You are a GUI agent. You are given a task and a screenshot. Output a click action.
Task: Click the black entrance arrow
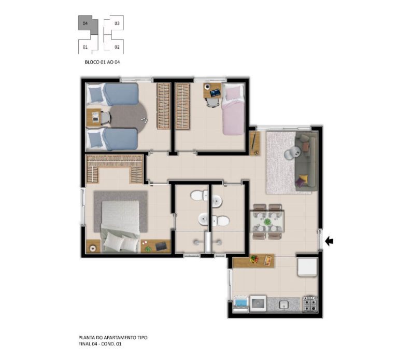click(x=329, y=241)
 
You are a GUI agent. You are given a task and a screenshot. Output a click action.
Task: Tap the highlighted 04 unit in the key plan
click(x=87, y=24)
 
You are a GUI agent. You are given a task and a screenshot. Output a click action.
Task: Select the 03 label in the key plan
click(x=117, y=23)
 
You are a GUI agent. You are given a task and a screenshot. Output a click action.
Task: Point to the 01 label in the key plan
click(x=85, y=47)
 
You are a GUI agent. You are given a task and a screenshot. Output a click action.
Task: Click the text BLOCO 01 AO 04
click(x=102, y=62)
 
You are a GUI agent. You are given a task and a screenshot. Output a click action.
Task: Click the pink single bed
click(x=233, y=110)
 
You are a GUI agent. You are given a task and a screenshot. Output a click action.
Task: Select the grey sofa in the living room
click(x=306, y=161)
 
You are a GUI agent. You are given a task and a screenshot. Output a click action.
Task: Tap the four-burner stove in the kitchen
click(x=310, y=304)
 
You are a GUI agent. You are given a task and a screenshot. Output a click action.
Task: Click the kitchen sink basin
click(x=283, y=304)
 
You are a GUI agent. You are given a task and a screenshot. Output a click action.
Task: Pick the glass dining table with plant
click(x=267, y=221)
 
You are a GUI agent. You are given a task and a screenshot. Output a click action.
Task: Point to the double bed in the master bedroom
click(x=120, y=226)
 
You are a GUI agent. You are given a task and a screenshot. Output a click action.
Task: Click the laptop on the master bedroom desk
click(x=161, y=246)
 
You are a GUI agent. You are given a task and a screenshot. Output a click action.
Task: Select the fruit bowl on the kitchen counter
click(x=254, y=259)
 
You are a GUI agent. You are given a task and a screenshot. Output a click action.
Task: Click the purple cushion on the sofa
click(x=300, y=183)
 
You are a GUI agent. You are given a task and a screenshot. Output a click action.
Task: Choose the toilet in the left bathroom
click(x=199, y=196)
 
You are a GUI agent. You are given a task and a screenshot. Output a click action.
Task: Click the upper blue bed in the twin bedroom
click(x=112, y=94)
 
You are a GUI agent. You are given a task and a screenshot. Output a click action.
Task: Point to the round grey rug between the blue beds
click(x=128, y=117)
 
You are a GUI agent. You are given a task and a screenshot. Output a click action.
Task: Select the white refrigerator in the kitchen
click(x=307, y=267)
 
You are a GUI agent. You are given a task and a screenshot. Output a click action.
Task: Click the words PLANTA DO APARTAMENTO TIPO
click(x=112, y=338)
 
